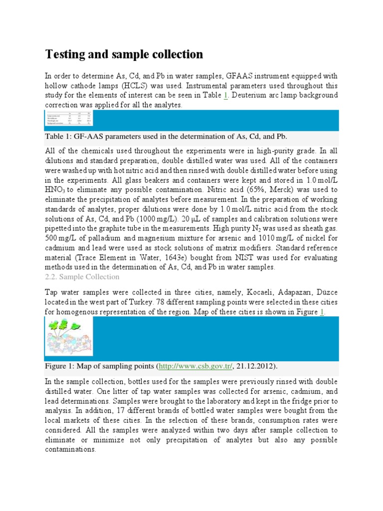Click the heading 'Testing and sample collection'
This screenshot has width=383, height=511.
pos(124,54)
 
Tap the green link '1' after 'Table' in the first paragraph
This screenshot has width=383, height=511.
pos(225,96)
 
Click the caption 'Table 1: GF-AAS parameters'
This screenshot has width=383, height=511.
pos(167,136)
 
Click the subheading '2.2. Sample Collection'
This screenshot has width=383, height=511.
pos(82,277)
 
